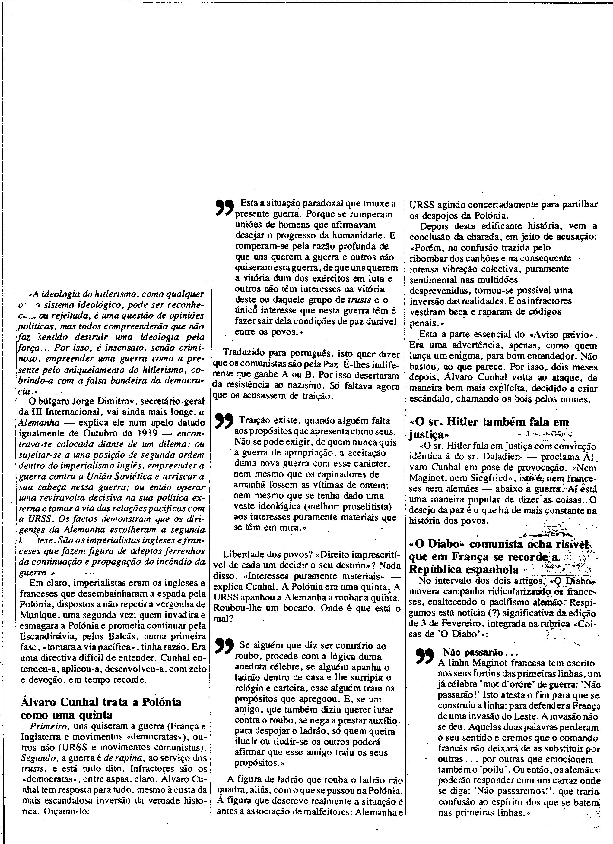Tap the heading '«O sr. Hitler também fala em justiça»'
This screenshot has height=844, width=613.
[x=489, y=428]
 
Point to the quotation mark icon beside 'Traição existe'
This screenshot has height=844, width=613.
[x=224, y=421]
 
